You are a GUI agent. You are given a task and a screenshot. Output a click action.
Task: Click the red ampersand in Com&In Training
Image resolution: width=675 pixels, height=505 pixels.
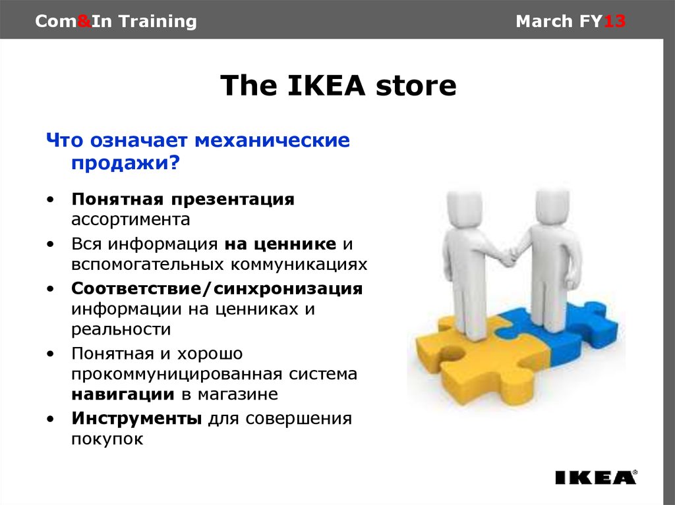pyautogui.click(x=84, y=21)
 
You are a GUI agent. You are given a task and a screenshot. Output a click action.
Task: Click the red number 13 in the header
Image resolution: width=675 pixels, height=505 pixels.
pyautogui.click(x=614, y=21)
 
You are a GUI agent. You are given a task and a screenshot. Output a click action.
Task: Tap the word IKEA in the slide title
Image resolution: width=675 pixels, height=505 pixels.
pyautogui.click(x=326, y=85)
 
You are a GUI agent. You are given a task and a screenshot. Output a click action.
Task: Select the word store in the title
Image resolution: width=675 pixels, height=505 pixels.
pyautogui.click(x=416, y=86)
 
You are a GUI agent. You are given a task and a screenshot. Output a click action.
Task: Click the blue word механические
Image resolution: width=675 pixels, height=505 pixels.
pyautogui.click(x=272, y=140)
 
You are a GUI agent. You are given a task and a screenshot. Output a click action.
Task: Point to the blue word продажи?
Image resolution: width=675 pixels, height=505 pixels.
pyautogui.click(x=125, y=163)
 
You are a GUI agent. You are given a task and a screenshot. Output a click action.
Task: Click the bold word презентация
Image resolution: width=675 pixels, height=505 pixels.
pyautogui.click(x=233, y=199)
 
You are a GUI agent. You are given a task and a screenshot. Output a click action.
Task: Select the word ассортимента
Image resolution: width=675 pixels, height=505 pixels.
pyautogui.click(x=131, y=220)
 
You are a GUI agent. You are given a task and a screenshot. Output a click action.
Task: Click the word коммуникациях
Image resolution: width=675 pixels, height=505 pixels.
pyautogui.click(x=299, y=265)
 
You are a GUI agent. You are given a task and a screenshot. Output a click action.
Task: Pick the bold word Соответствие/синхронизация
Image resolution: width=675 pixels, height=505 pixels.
pyautogui.click(x=217, y=288)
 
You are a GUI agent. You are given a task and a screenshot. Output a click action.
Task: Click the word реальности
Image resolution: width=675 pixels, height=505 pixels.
pyautogui.click(x=121, y=329)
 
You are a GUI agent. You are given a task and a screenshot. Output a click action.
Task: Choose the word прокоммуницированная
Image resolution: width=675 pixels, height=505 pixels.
pyautogui.click(x=177, y=374)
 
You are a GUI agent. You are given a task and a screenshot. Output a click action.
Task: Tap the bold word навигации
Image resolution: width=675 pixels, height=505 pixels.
pyautogui.click(x=123, y=394)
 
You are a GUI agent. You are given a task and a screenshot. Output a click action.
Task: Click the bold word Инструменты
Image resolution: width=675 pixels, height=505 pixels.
pyautogui.click(x=136, y=419)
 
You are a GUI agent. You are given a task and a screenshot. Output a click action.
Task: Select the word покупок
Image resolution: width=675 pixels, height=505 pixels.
pyautogui.click(x=107, y=439)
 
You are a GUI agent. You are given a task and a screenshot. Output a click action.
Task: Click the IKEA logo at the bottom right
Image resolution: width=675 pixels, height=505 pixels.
pyautogui.click(x=596, y=477)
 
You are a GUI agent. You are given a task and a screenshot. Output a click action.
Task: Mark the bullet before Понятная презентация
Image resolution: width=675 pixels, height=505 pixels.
pyautogui.click(x=51, y=200)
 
